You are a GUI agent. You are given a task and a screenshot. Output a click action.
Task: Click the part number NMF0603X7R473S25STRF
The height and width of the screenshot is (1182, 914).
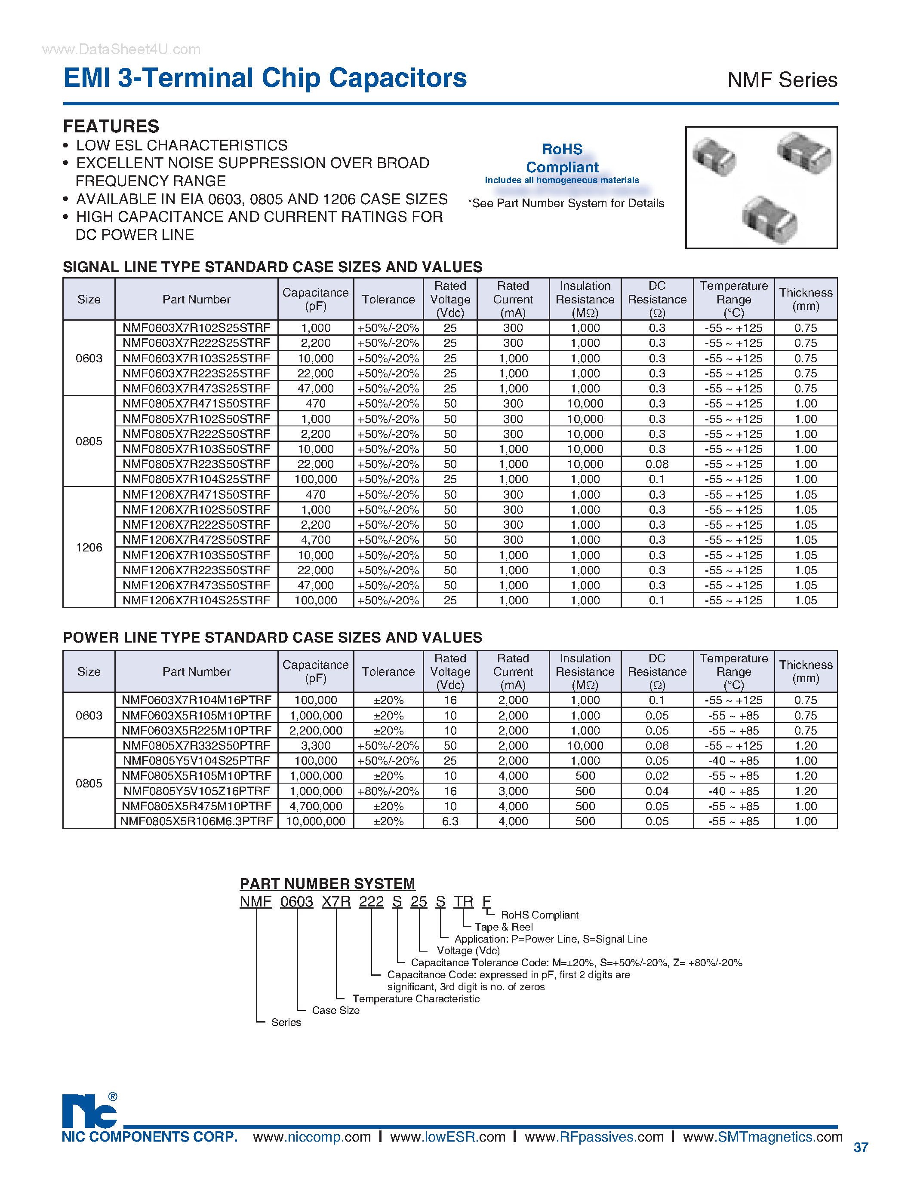pyautogui.click(x=196, y=389)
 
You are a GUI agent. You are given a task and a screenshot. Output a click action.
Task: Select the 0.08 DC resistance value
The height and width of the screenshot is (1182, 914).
pyautogui.click(x=657, y=464)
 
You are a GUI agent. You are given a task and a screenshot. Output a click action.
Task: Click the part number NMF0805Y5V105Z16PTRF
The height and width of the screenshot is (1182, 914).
pyautogui.click(x=196, y=791)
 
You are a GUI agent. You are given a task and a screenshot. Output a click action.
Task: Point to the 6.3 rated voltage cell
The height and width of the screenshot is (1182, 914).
pyautogui.click(x=450, y=821)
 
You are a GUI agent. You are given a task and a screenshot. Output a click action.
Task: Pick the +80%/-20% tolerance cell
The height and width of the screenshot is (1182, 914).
pyautogui.click(x=388, y=791)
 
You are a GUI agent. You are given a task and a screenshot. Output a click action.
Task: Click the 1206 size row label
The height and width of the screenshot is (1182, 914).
pyautogui.click(x=89, y=547)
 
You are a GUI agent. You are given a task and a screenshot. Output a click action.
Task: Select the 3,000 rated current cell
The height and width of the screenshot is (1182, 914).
pyautogui.click(x=513, y=791)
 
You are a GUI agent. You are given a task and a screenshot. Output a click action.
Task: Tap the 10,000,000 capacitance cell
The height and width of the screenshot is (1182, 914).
pyautogui.click(x=315, y=821)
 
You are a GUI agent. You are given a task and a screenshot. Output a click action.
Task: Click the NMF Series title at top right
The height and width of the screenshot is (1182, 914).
pyautogui.click(x=782, y=80)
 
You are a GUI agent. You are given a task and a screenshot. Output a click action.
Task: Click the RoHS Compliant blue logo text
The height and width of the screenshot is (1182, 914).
pyautogui.click(x=562, y=158)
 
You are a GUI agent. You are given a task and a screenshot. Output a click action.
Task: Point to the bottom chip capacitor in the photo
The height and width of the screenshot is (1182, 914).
pyautogui.click(x=769, y=220)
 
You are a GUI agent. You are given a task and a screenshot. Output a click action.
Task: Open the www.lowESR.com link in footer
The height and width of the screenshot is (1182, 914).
pyautogui.click(x=447, y=1137)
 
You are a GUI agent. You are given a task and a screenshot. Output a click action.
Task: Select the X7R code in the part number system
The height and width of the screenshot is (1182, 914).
pyautogui.click(x=336, y=902)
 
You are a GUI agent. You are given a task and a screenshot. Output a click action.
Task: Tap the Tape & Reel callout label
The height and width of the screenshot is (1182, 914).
pyautogui.click(x=504, y=927)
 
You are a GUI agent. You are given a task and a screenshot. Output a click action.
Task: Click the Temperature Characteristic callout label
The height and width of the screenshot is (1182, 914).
pyautogui.click(x=415, y=998)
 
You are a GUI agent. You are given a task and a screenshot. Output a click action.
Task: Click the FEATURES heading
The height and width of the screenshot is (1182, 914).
pyautogui.click(x=111, y=126)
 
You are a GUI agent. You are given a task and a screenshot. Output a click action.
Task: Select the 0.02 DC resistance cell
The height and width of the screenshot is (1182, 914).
pyautogui.click(x=657, y=776)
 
